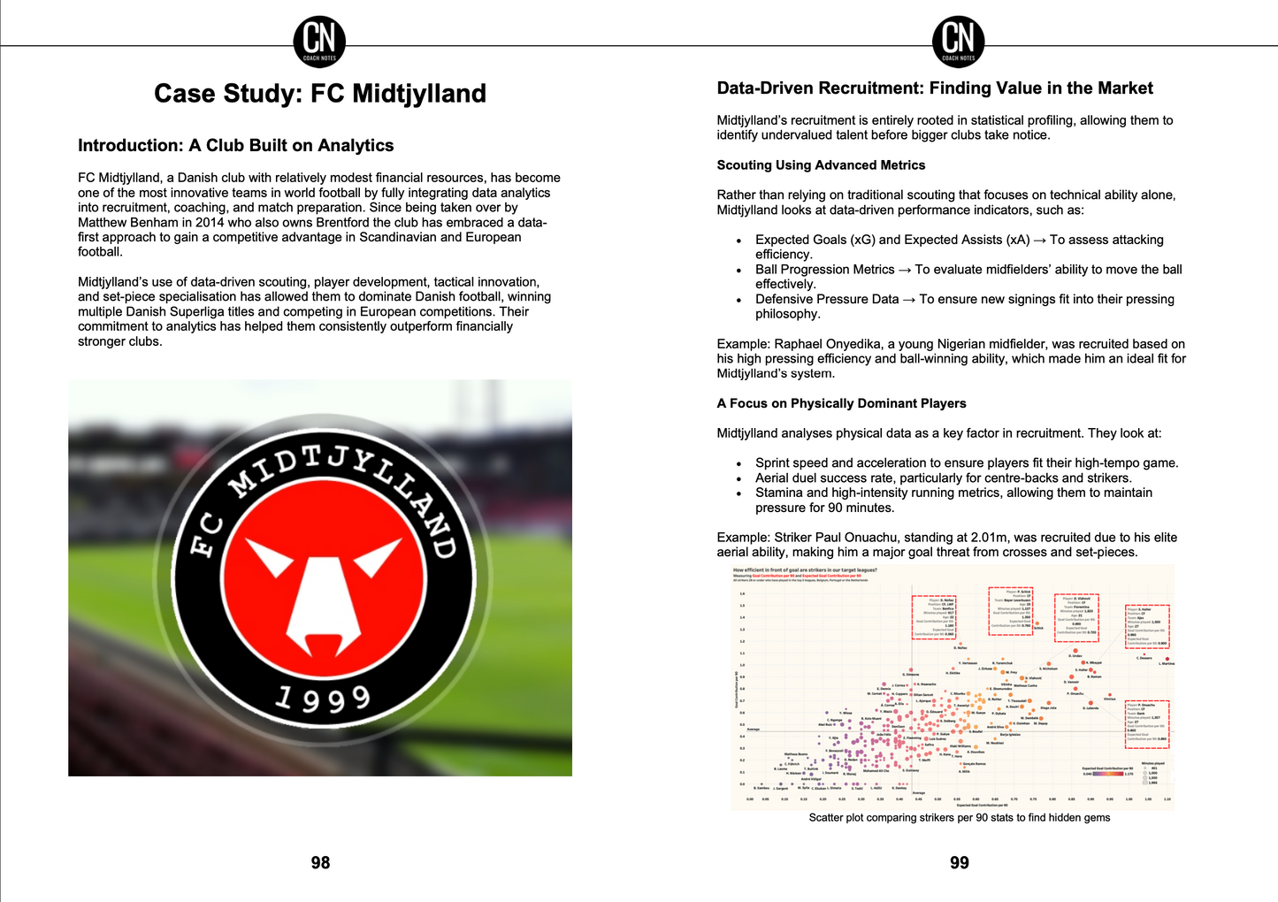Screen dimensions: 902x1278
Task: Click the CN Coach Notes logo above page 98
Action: click(319, 41)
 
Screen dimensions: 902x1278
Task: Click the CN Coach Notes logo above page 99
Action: click(958, 41)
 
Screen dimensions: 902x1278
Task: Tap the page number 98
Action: click(320, 862)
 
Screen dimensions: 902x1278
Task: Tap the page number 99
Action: click(959, 862)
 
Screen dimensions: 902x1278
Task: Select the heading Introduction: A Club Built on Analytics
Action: click(235, 146)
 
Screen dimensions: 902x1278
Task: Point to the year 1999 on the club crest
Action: click(322, 699)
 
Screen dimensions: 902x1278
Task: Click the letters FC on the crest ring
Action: click(204, 536)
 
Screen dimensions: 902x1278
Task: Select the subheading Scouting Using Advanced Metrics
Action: click(821, 165)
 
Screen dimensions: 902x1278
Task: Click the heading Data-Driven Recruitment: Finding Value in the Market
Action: click(934, 88)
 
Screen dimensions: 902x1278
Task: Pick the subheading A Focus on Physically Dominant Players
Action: click(841, 403)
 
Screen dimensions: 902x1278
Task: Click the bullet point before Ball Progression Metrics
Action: click(738, 271)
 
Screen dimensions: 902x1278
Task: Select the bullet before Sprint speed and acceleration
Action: click(738, 464)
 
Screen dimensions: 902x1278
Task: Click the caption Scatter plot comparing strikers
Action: click(959, 818)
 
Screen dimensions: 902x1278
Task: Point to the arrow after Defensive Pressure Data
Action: click(909, 300)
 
